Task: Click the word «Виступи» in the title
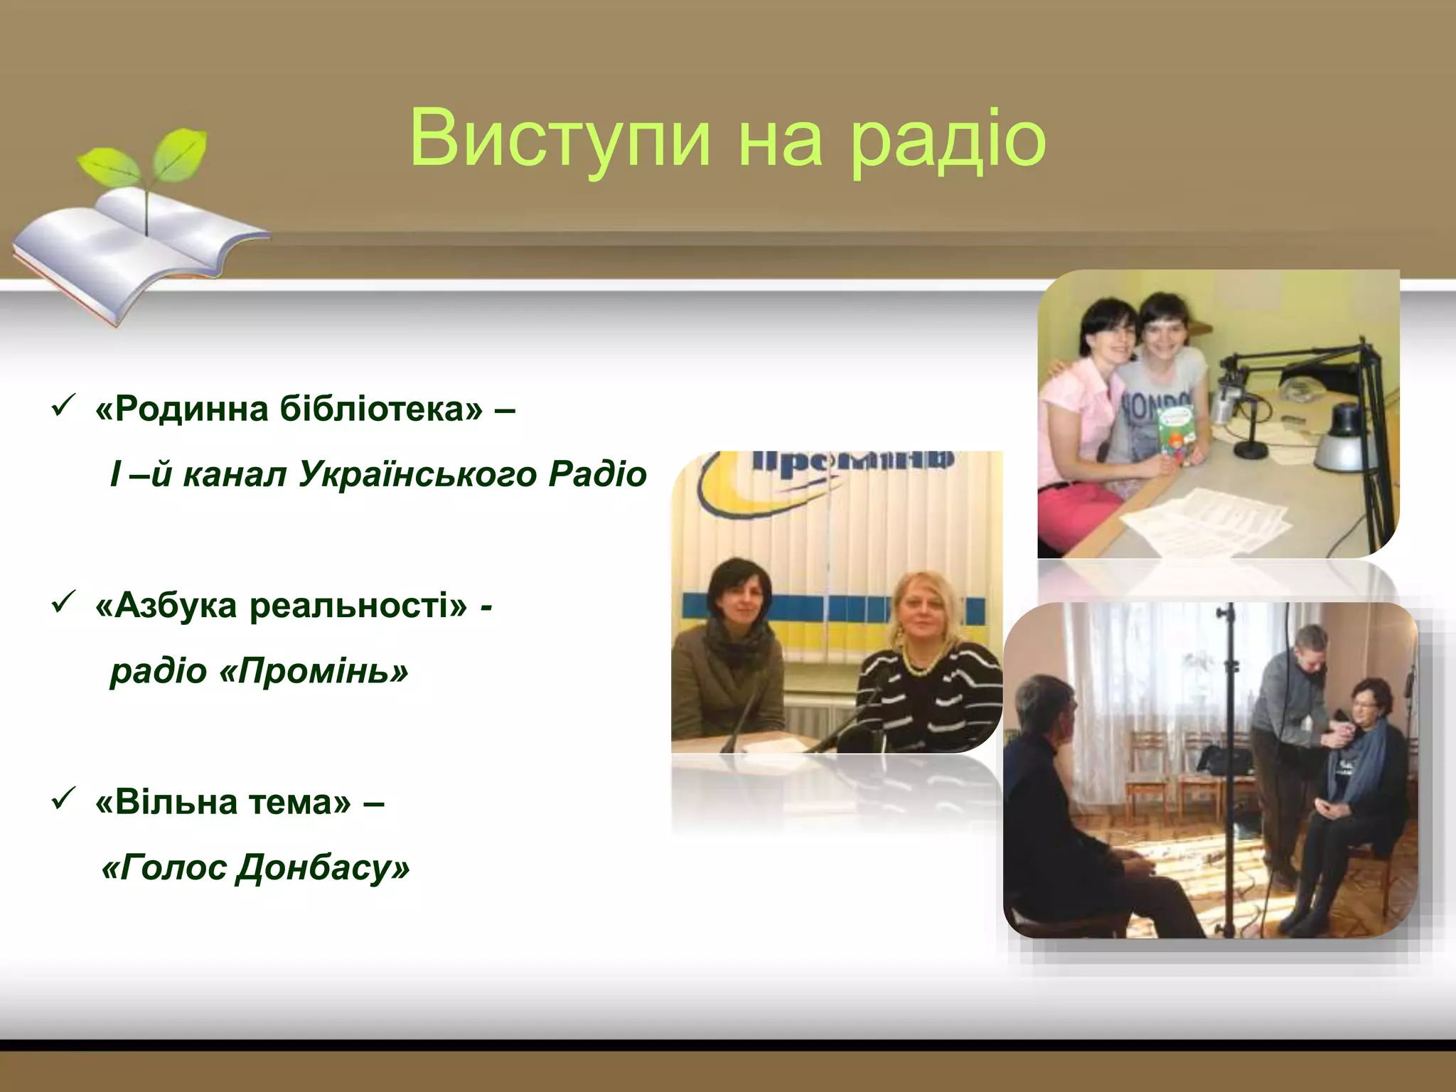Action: point(560,139)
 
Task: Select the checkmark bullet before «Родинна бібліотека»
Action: point(60,408)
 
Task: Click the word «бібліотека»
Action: point(381,409)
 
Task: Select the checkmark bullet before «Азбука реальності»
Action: point(60,604)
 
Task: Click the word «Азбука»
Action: point(175,606)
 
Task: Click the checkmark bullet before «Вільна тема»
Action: point(60,801)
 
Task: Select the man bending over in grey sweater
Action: point(1287,711)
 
